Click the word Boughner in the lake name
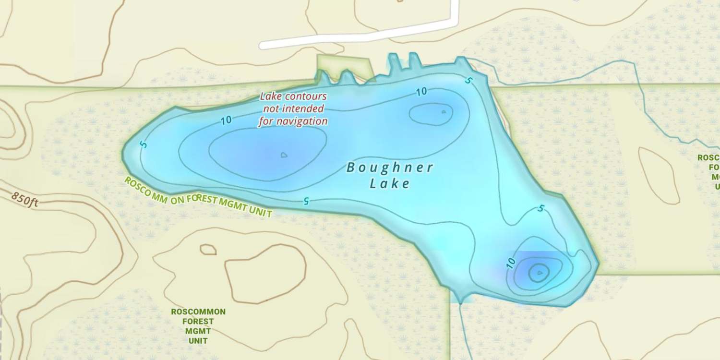point(390,168)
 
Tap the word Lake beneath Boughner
point(390,183)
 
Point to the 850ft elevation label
point(25,199)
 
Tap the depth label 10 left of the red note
point(226,120)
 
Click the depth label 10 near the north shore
point(421,92)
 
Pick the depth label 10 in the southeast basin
point(511,263)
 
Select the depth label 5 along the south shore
point(305,201)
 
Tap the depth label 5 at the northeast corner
point(468,80)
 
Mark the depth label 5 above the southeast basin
point(541,209)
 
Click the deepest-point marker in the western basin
point(284,155)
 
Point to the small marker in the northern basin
point(444,112)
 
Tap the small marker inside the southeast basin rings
point(540,273)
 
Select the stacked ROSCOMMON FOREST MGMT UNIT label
point(198,326)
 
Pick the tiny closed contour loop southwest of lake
point(208,249)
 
